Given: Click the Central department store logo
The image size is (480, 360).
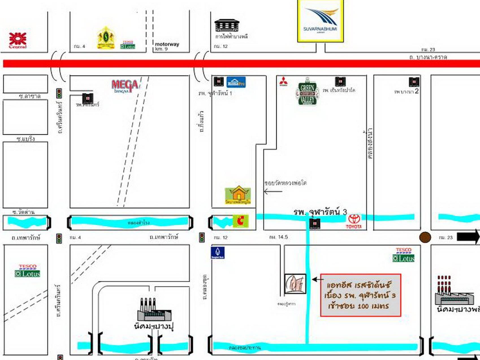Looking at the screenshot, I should click(x=18, y=40).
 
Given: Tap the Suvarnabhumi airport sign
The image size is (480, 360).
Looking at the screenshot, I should click(x=320, y=21).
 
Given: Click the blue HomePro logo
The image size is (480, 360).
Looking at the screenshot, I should click(x=236, y=82).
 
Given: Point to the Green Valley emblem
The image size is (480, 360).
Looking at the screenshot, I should click(x=307, y=92).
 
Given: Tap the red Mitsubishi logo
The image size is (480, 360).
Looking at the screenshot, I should click(x=283, y=81).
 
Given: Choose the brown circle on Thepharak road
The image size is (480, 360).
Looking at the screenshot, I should click(x=425, y=237).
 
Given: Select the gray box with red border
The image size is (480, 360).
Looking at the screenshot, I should click(x=360, y=295).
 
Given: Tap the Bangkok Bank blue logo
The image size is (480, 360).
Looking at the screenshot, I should click(x=218, y=253).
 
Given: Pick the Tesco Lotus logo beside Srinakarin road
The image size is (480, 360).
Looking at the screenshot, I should click(x=27, y=271).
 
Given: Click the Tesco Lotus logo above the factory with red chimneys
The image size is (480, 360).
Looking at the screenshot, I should click(x=403, y=255).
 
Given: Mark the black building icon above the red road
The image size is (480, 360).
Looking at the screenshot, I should click(x=227, y=26).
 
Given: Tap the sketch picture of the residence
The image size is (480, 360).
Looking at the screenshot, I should click(x=295, y=284).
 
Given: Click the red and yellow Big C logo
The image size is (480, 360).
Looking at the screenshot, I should click(x=241, y=221).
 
